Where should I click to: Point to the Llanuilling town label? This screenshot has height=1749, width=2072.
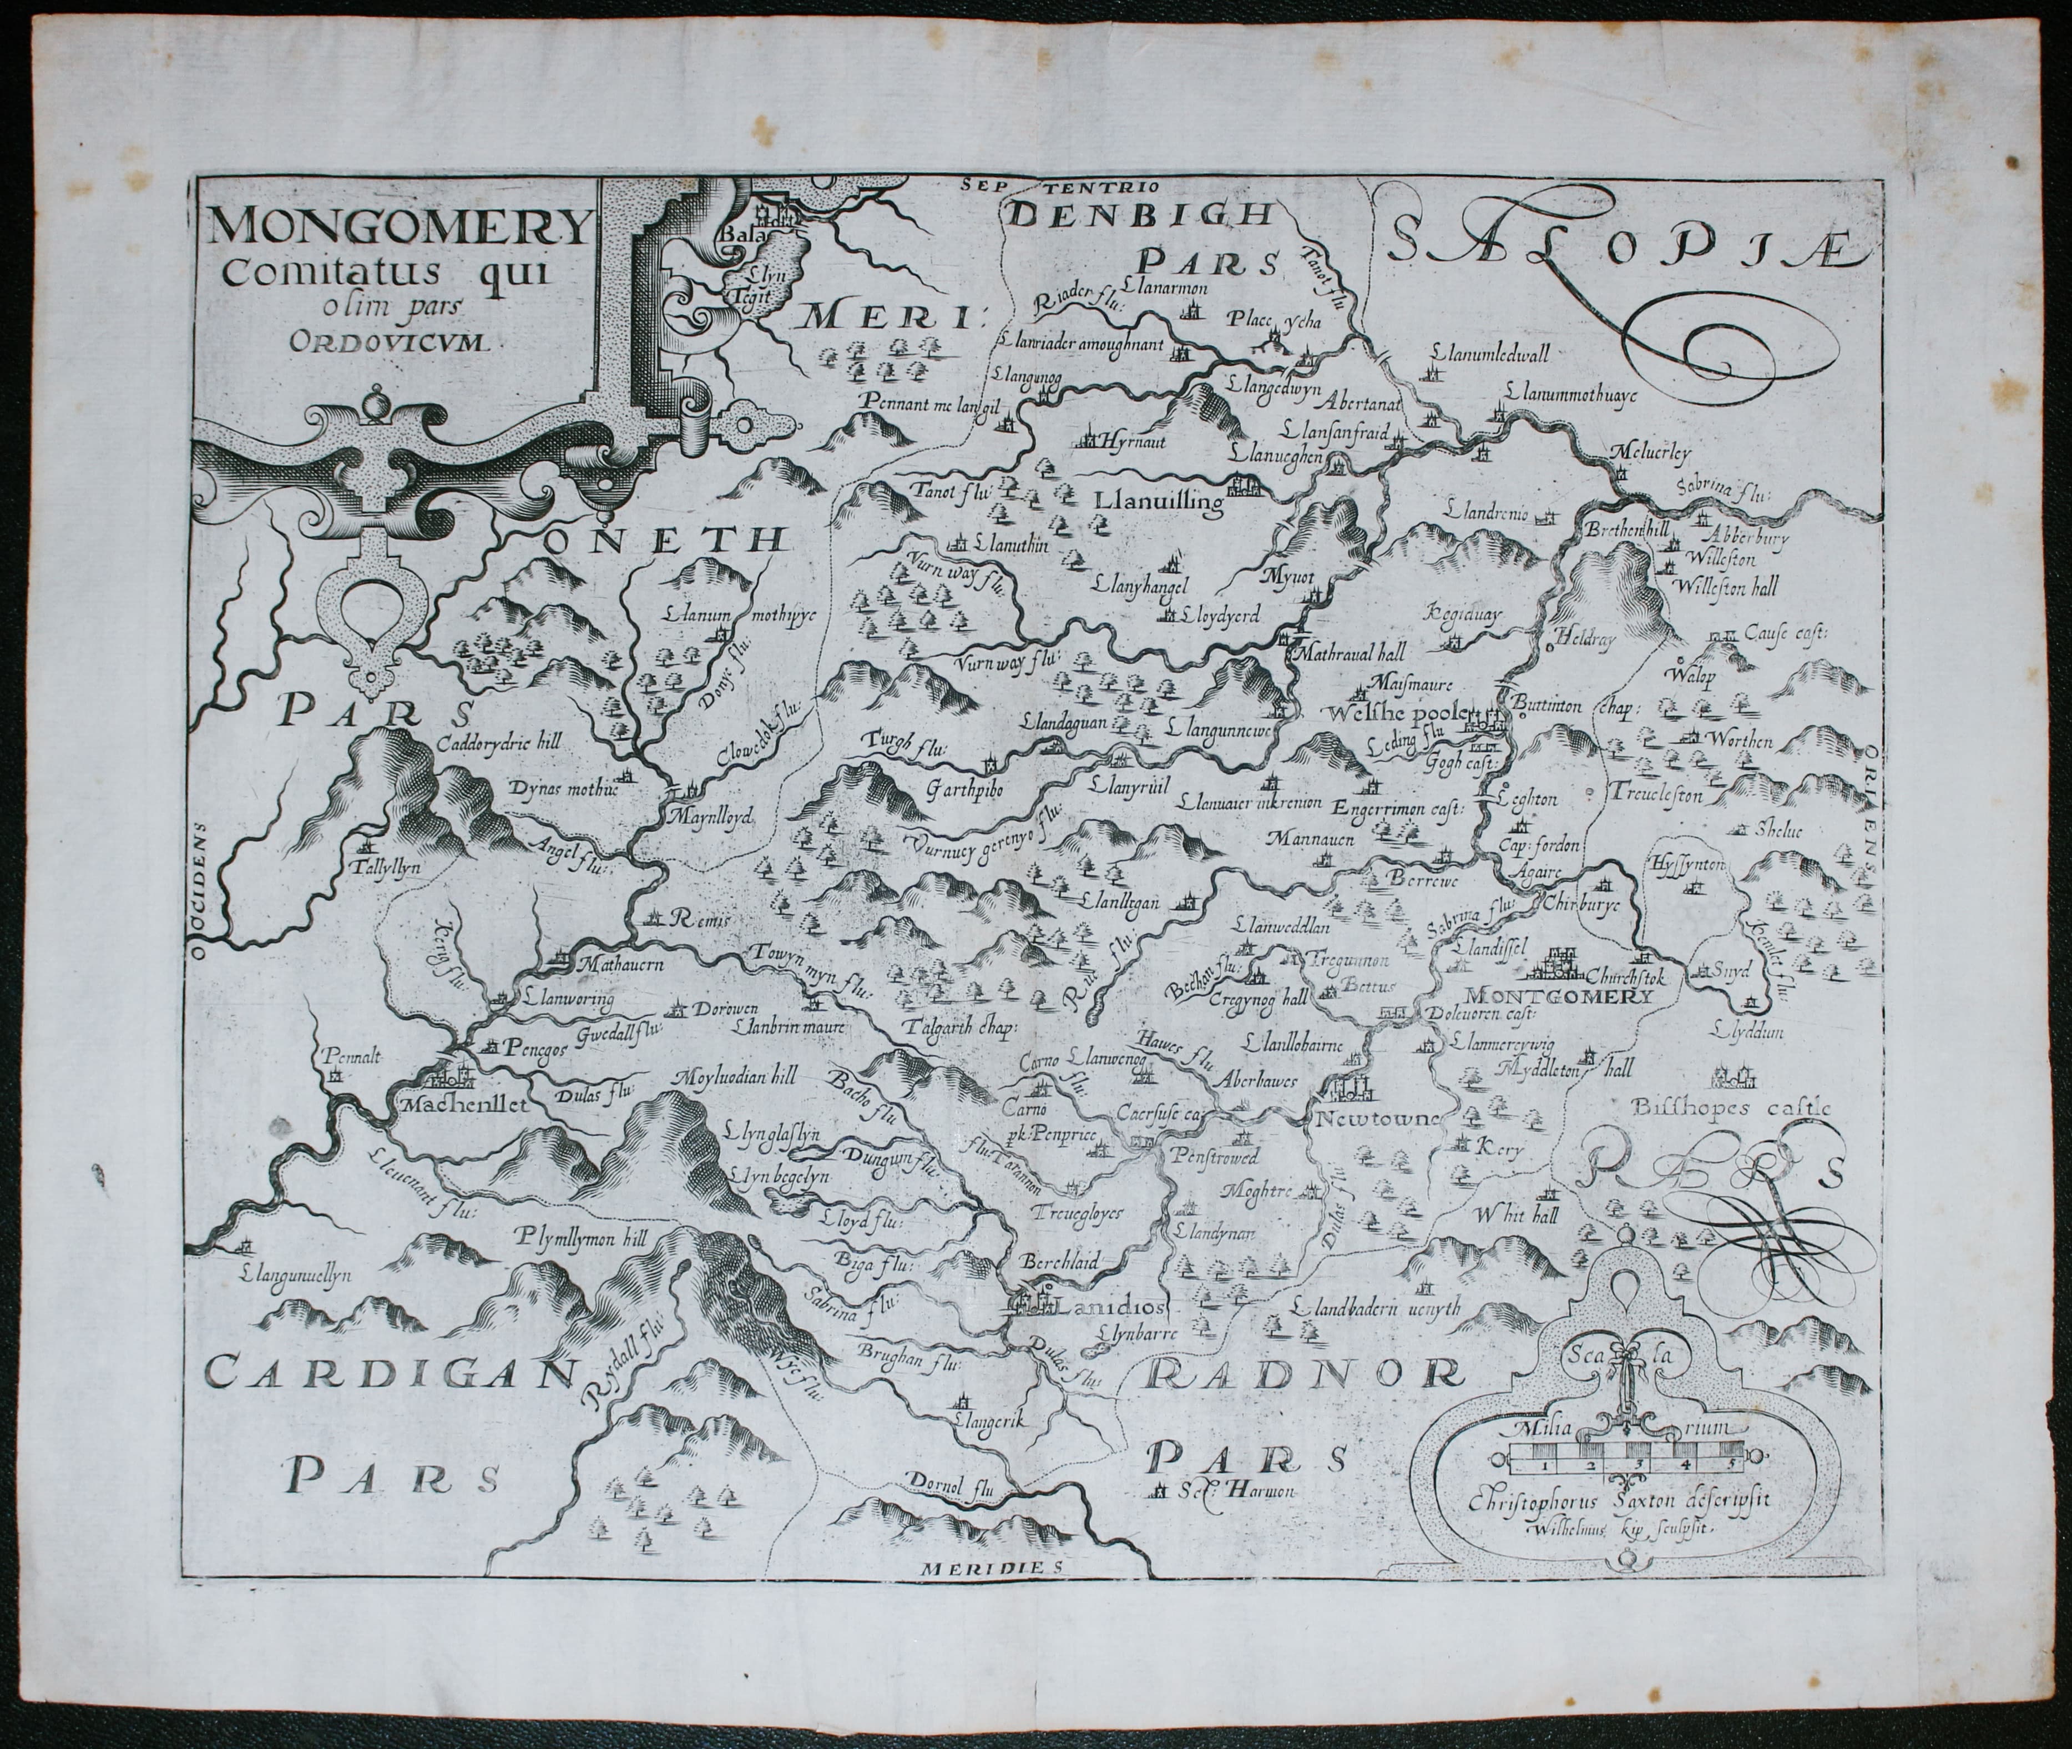click(x=1158, y=503)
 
